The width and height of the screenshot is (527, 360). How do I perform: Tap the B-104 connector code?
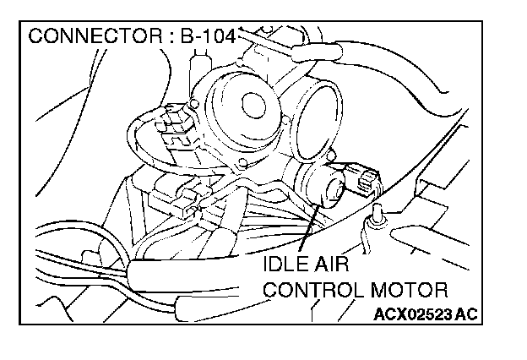206,37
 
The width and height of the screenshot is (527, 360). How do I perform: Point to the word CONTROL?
313,291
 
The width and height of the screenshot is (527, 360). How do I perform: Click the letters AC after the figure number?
467,315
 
